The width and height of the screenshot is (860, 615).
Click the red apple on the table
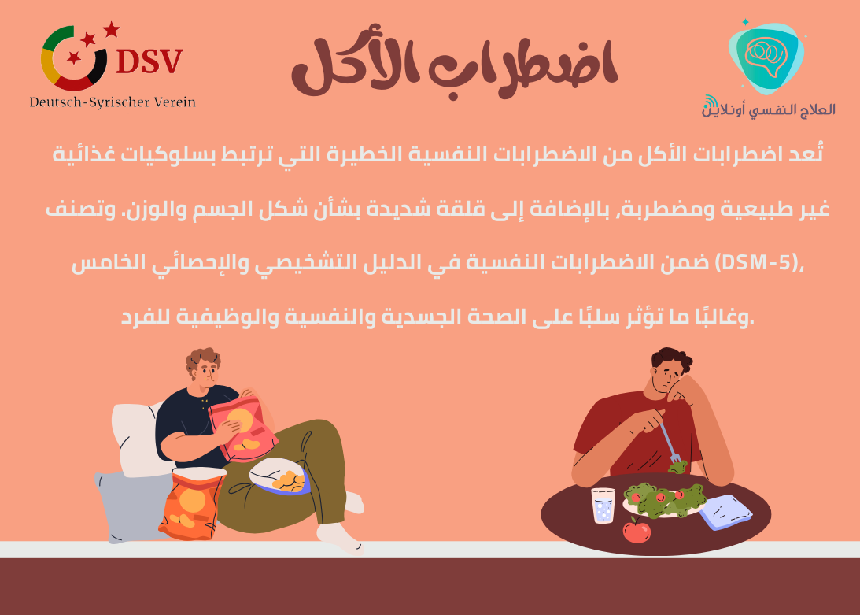point(637,531)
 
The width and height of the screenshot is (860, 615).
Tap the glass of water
point(603,506)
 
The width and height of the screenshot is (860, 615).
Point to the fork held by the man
point(670,444)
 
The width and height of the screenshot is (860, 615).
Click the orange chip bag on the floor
point(189,504)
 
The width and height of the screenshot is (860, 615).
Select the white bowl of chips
point(279,476)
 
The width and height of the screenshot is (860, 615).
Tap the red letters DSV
point(149,60)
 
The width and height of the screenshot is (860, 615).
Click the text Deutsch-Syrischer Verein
point(113,102)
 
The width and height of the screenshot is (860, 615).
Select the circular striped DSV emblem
point(74,58)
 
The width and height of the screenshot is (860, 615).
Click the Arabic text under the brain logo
point(769,109)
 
